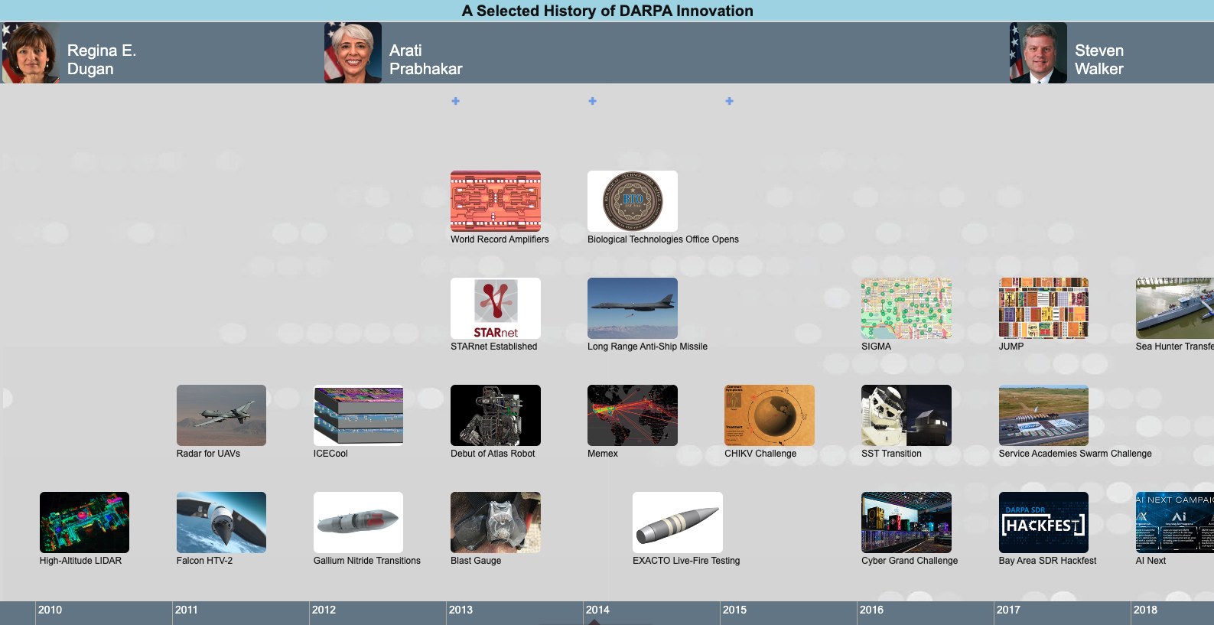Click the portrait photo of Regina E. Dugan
pos(31,53)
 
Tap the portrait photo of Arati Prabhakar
pos(353,53)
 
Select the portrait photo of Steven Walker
pos(1038,53)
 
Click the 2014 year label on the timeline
pos(597,610)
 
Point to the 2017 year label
pos(1008,610)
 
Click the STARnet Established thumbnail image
pos(495,308)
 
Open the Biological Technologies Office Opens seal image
pos(632,201)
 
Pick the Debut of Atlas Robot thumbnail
pos(495,415)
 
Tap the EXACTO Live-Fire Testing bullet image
pos(677,522)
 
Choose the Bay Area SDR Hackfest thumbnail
pos(1043,522)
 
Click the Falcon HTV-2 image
pos(221,522)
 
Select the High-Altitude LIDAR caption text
pos(80,561)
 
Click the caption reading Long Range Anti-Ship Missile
pos(647,347)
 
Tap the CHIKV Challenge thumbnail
pos(769,415)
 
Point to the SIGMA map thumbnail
pos(906,308)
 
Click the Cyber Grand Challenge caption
pos(909,561)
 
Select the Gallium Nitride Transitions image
pos(358,522)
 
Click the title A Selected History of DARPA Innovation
pos(607,11)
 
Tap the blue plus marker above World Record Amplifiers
pos(455,101)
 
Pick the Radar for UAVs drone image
pos(221,415)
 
